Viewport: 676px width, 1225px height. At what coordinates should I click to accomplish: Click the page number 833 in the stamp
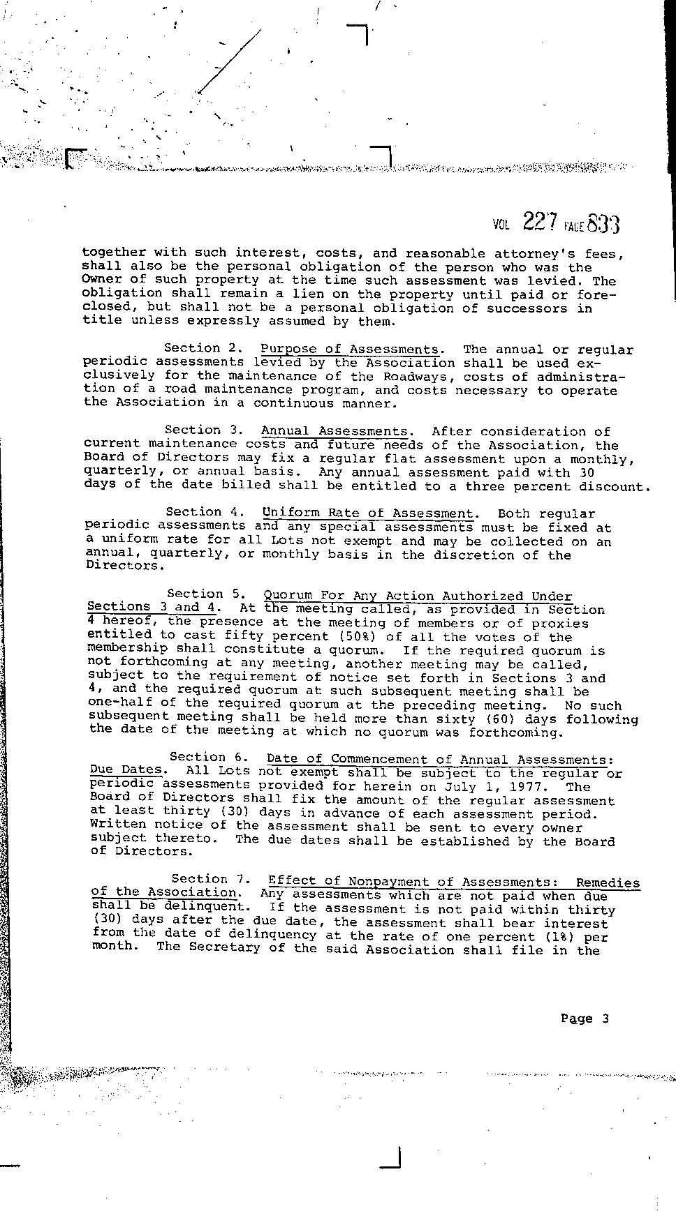click(603, 224)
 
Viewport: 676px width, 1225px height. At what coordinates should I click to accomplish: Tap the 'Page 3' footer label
click(585, 1019)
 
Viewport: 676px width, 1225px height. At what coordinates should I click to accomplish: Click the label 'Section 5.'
click(205, 594)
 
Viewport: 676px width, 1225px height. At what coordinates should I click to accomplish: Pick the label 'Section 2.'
click(203, 347)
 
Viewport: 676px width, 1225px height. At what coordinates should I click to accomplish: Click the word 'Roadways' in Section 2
click(416, 377)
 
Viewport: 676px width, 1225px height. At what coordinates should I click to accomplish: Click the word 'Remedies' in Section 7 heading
click(607, 882)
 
